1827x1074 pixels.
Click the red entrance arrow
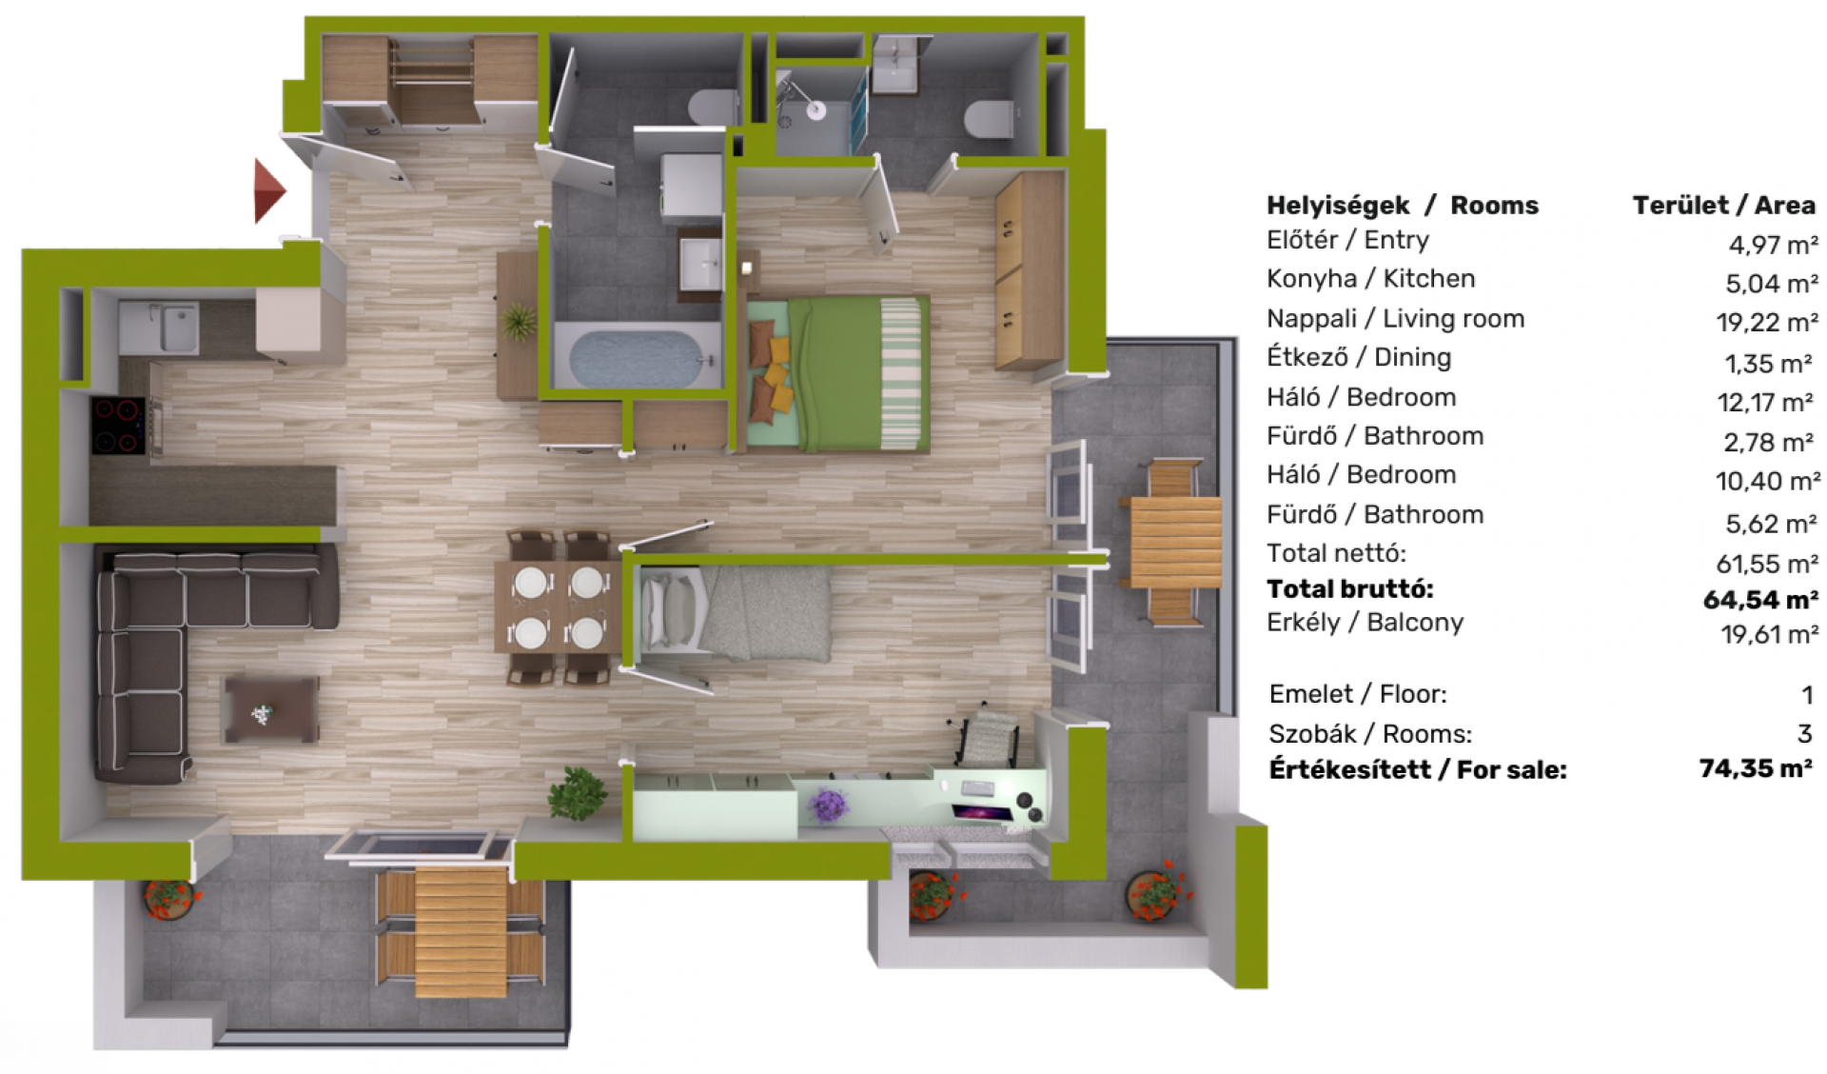[x=268, y=190]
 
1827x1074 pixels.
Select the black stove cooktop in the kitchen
[x=118, y=425]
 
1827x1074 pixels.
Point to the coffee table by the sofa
[x=270, y=708]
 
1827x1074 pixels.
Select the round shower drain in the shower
[x=816, y=110]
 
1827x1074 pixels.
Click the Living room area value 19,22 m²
[x=1767, y=322]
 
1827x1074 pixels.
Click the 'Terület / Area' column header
[x=1723, y=205]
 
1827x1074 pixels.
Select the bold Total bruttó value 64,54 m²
[x=1760, y=600]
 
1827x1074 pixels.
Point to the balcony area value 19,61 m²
[x=1769, y=634]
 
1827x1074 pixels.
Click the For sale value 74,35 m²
[x=1756, y=767]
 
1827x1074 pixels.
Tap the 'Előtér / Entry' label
[x=1347, y=240]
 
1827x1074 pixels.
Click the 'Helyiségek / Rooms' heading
[x=1402, y=205]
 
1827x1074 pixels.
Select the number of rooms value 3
[x=1804, y=733]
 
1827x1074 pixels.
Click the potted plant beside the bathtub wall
[x=519, y=322]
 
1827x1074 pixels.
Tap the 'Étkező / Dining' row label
[x=1359, y=357]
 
